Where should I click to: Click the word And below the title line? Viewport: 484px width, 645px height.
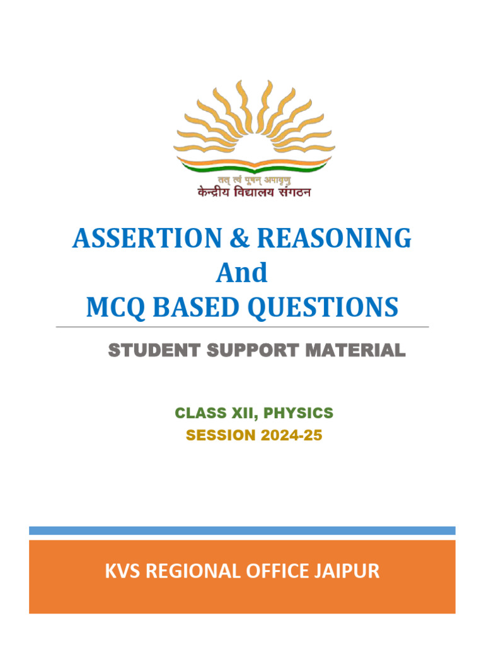click(x=242, y=273)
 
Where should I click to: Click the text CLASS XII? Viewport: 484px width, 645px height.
click(x=216, y=413)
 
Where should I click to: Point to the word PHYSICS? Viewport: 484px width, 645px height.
click(x=298, y=413)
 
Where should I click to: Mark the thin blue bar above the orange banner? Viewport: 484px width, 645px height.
click(x=242, y=531)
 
